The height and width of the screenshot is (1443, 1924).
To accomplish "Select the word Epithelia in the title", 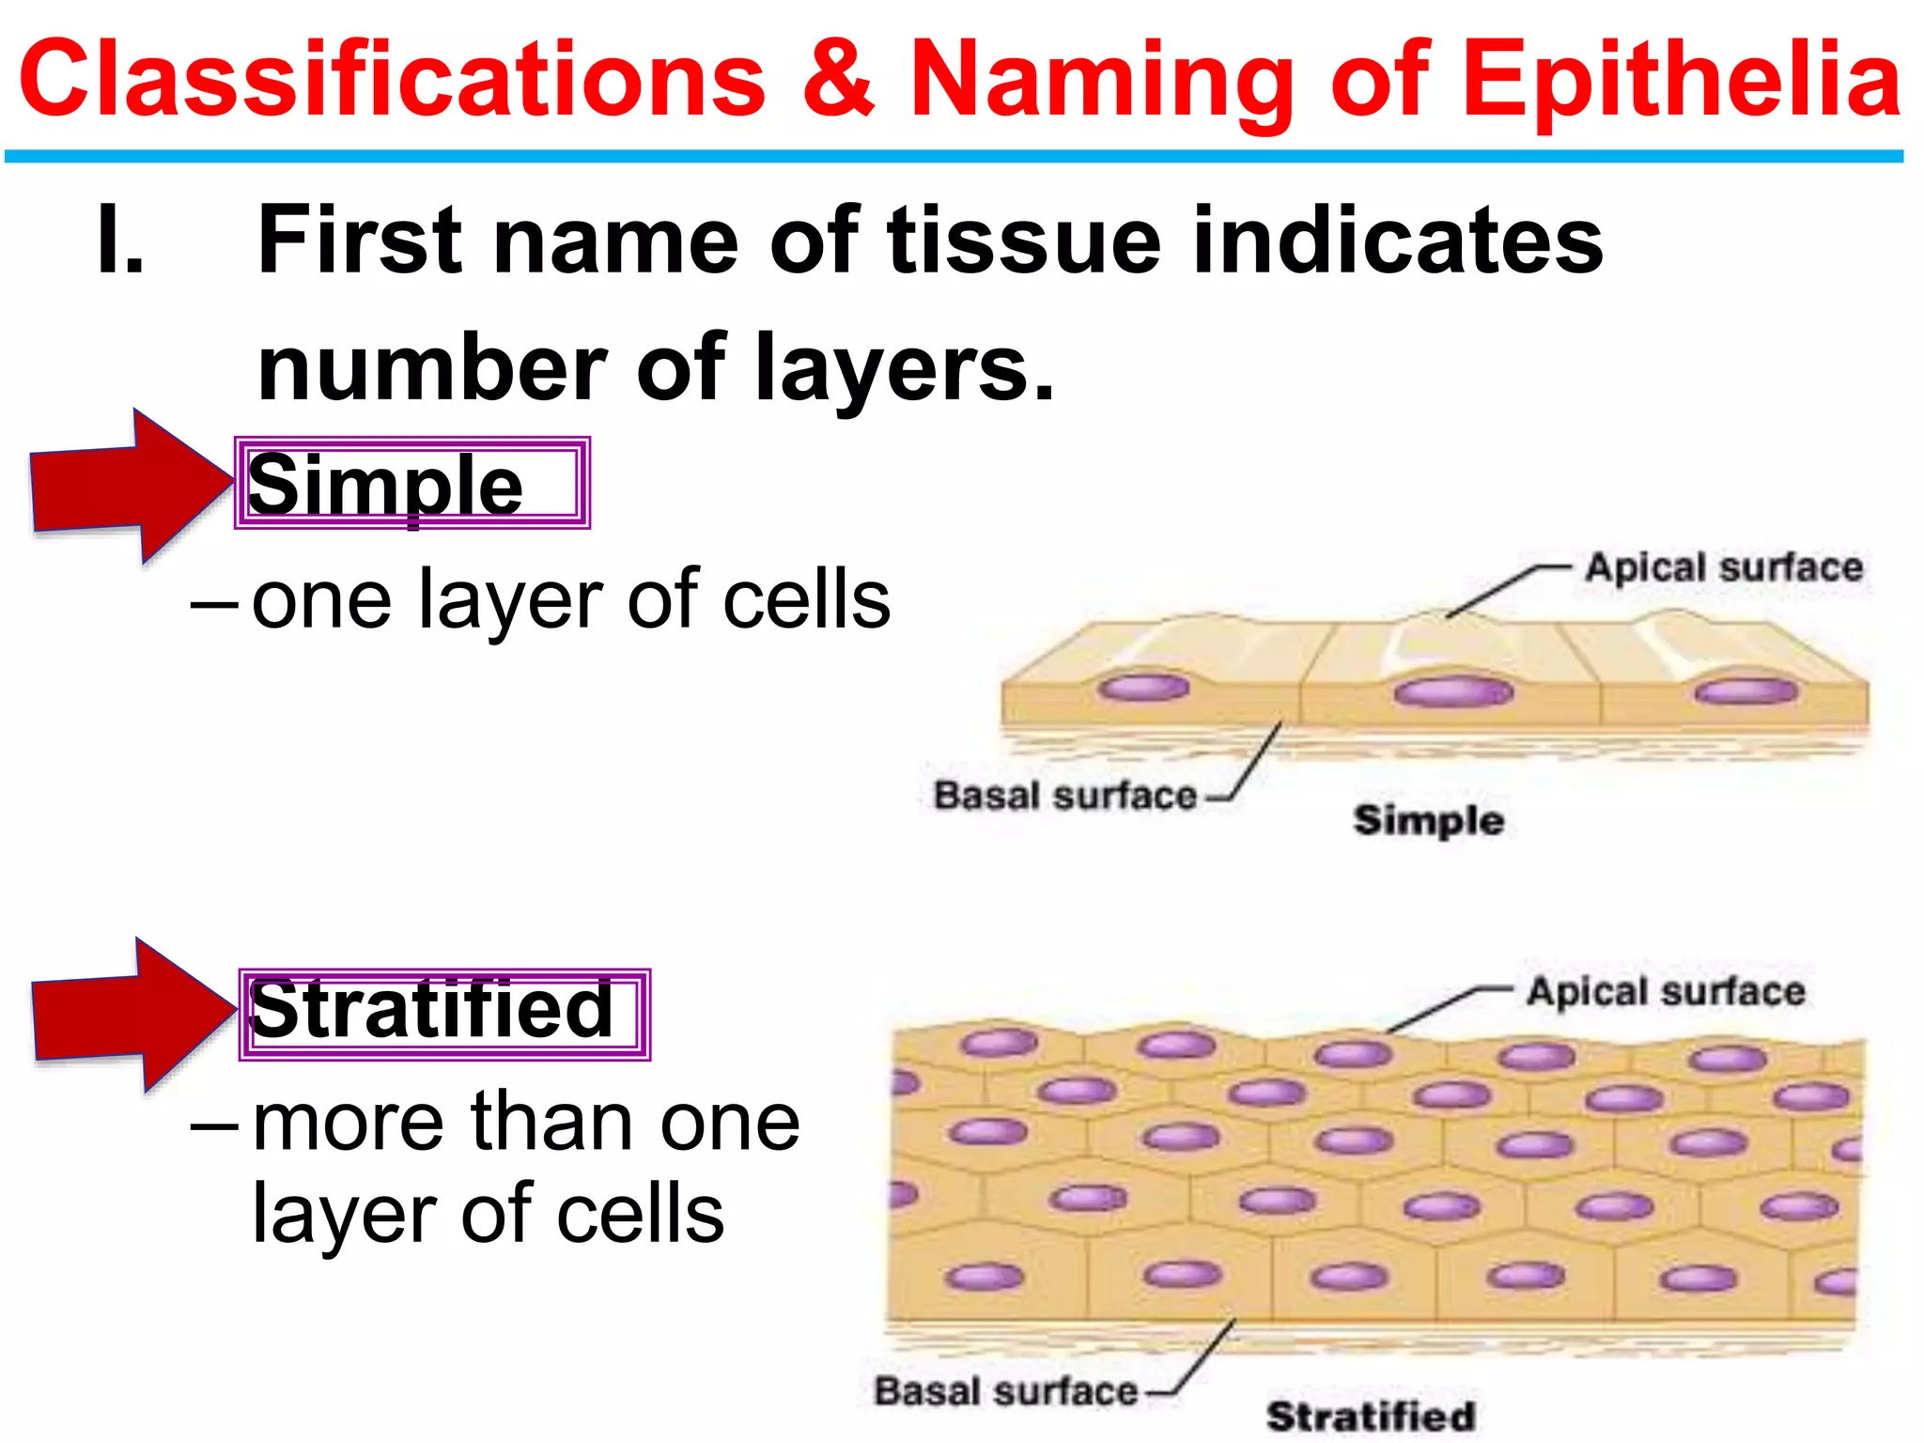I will [1682, 83].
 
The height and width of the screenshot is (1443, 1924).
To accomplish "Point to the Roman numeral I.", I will [121, 240].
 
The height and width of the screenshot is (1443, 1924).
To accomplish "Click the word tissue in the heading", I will [1024, 240].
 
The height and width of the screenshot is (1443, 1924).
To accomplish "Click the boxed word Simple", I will [385, 485].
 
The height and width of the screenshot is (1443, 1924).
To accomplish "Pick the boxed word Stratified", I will [432, 1011].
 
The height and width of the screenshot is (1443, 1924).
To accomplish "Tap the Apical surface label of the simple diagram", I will [1724, 567].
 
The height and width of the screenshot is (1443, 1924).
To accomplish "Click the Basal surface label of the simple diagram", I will [1064, 796].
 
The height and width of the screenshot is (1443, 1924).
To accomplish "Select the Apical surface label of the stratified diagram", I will [1665, 992].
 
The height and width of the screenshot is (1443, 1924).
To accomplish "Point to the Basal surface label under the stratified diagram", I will [1005, 1391].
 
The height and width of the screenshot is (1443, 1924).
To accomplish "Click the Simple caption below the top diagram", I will [1428, 821].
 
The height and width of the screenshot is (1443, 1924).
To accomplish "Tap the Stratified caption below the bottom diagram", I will [1370, 1416].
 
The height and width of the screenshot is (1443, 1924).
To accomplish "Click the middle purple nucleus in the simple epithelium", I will [1453, 693].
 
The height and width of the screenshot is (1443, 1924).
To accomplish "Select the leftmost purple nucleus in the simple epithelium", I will [1143, 688].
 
